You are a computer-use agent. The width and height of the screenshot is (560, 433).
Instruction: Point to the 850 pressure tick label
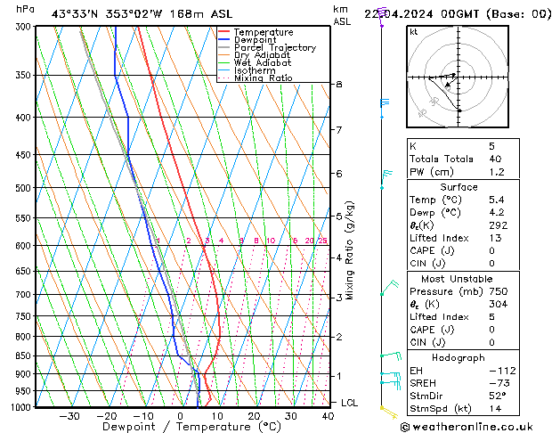24,355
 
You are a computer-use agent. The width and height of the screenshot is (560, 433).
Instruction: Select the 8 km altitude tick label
338,84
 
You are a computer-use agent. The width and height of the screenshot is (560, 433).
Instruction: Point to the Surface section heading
459,187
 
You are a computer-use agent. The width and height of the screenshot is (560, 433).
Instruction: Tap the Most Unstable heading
459,279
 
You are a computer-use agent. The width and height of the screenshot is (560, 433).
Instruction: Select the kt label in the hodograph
413,31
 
